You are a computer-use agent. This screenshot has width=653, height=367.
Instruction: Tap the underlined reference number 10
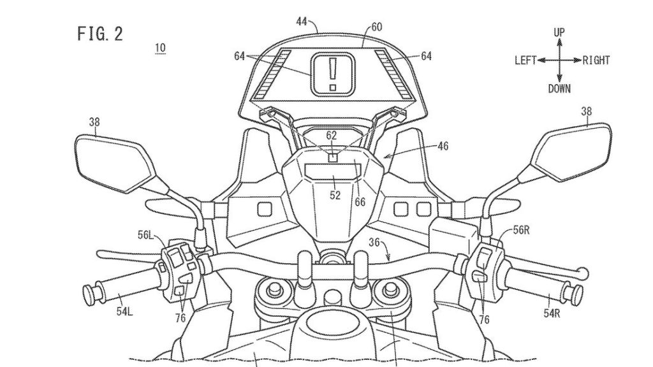point(160,48)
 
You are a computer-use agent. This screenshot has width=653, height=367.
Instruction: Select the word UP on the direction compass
point(559,32)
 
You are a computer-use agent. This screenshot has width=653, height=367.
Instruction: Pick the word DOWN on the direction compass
point(559,89)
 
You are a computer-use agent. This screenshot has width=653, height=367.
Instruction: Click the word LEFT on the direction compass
point(525,61)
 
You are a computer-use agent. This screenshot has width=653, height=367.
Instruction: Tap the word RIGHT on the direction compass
point(596,61)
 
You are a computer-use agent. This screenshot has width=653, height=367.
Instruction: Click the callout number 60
point(377,27)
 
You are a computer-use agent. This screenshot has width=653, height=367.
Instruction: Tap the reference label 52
point(335,196)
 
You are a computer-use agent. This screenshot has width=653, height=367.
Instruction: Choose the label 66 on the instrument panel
point(360,201)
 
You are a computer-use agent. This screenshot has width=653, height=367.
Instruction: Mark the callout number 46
point(443,147)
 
